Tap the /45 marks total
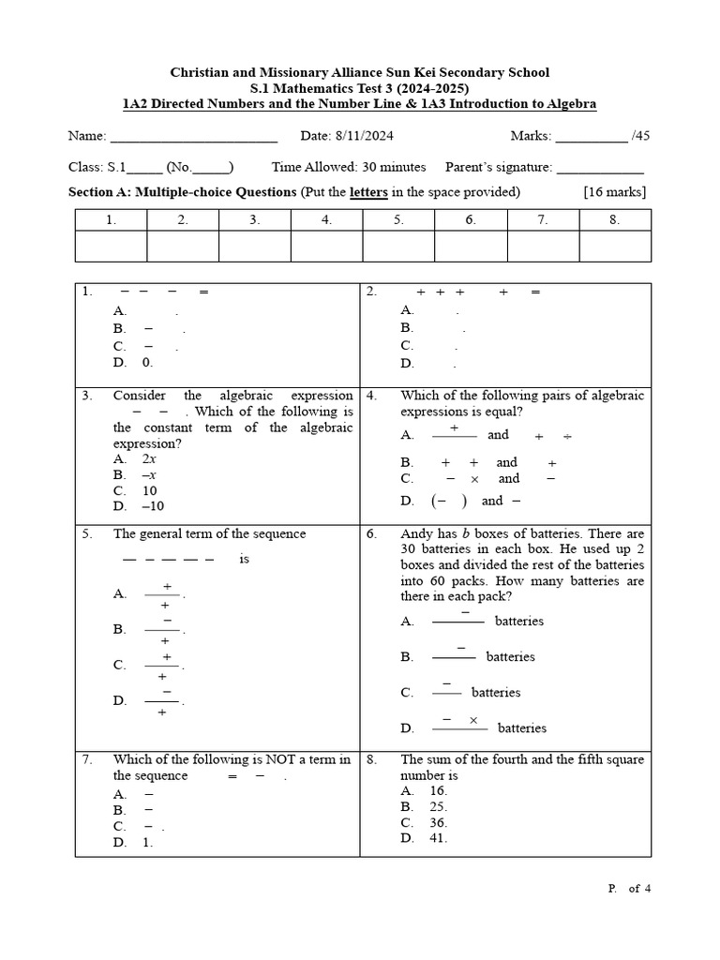coord(640,136)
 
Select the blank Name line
coord(194,138)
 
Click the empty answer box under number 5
coord(398,246)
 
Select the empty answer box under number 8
coord(615,246)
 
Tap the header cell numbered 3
coord(254,220)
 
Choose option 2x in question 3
coord(149,459)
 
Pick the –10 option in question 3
coord(153,506)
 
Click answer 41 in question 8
coord(438,838)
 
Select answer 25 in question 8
coord(438,806)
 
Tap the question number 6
coord(372,534)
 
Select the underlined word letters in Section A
coord(368,192)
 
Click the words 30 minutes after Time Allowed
coord(394,167)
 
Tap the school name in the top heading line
coord(360,72)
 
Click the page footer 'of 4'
coord(639,889)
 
